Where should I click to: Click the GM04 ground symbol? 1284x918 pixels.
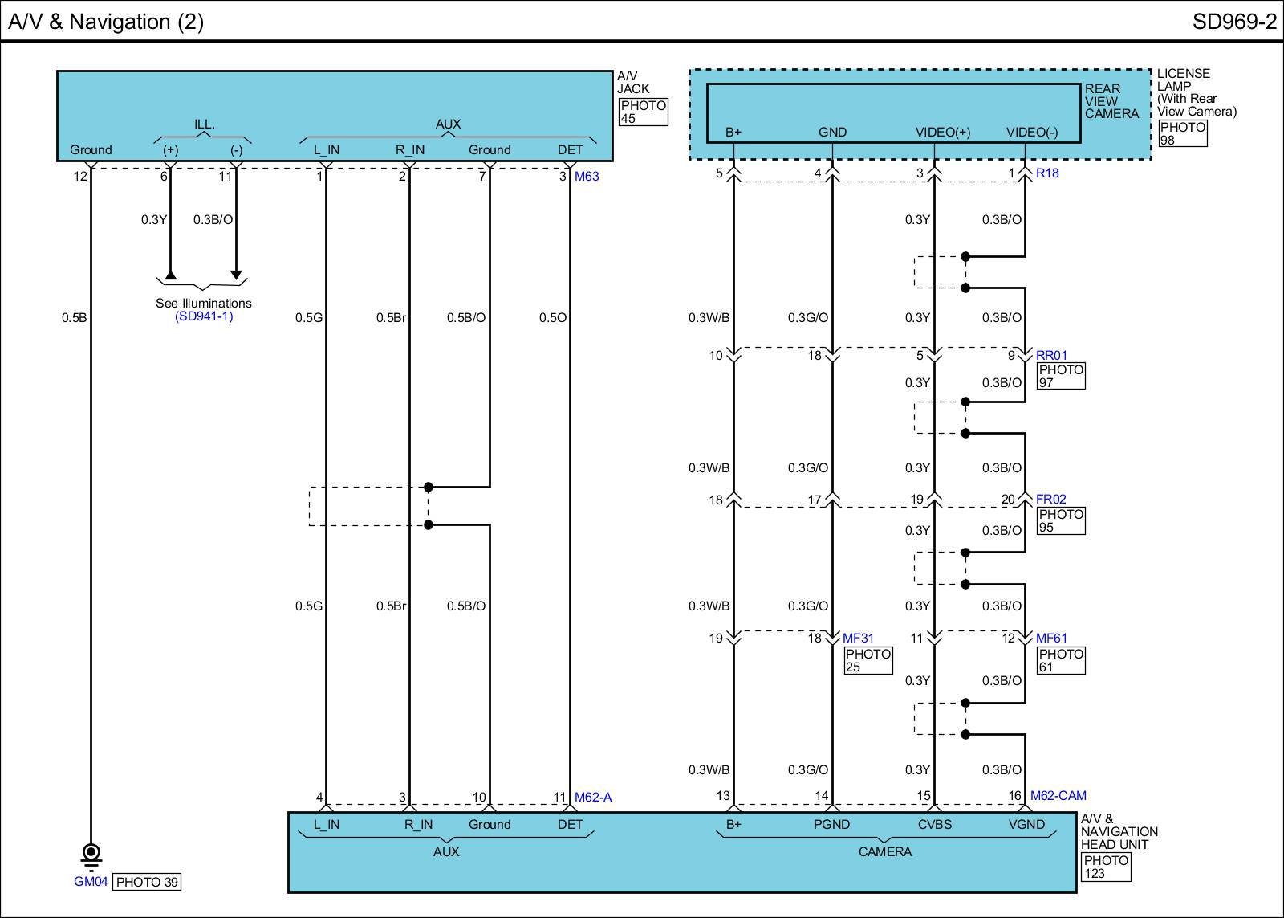click(x=91, y=857)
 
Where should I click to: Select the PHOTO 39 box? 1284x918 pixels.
click(x=147, y=882)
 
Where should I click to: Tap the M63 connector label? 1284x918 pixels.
click(x=587, y=176)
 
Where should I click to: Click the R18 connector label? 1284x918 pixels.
click(x=1047, y=173)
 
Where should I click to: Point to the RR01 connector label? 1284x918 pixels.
click(x=1051, y=355)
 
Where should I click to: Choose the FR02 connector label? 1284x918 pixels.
click(x=1050, y=500)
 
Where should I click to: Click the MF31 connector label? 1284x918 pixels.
click(x=858, y=638)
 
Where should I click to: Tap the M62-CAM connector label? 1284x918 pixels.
click(x=1058, y=795)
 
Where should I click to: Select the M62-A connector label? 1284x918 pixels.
click(x=593, y=797)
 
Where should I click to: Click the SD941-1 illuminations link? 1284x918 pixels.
click(x=204, y=316)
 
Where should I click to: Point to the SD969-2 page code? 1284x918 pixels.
click(x=1234, y=22)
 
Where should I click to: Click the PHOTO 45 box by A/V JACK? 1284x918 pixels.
click(x=643, y=112)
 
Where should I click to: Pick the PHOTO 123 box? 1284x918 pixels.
click(x=1107, y=867)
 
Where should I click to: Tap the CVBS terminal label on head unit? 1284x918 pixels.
click(x=934, y=825)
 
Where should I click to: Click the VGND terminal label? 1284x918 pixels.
click(x=1026, y=825)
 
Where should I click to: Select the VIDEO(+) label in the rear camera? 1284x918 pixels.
click(x=943, y=132)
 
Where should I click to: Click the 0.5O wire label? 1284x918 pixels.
click(x=553, y=317)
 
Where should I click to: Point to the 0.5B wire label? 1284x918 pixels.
click(x=75, y=317)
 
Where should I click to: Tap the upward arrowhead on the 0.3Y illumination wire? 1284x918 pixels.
click(x=170, y=275)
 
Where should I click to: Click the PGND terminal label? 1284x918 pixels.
click(x=831, y=825)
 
